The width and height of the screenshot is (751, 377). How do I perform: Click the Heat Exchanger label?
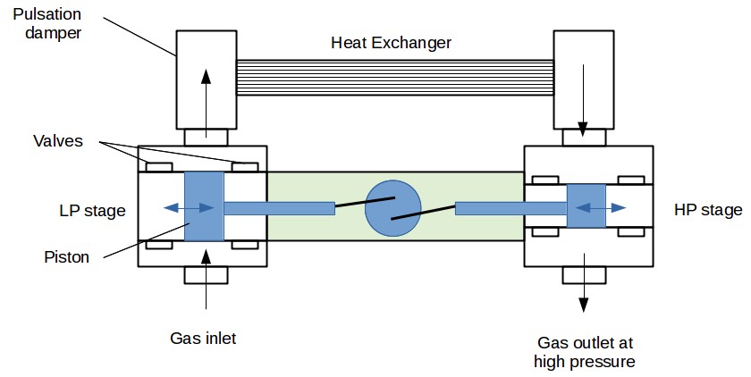tap(392, 43)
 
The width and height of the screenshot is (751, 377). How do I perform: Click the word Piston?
tap(67, 257)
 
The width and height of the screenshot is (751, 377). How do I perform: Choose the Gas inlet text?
tap(203, 338)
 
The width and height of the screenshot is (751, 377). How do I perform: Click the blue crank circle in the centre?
tap(393, 207)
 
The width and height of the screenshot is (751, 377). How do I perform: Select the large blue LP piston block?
tap(203, 206)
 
